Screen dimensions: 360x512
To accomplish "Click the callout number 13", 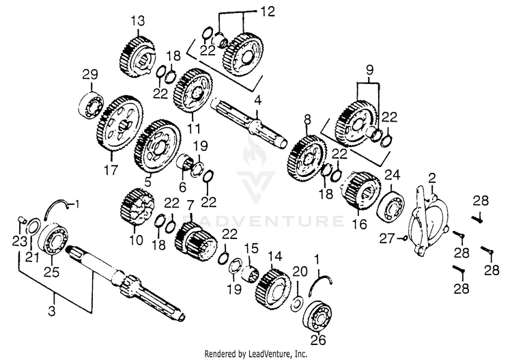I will [x=139, y=21].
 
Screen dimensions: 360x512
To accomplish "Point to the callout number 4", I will [x=257, y=101].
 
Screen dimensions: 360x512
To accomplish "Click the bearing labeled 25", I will [x=51, y=240].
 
